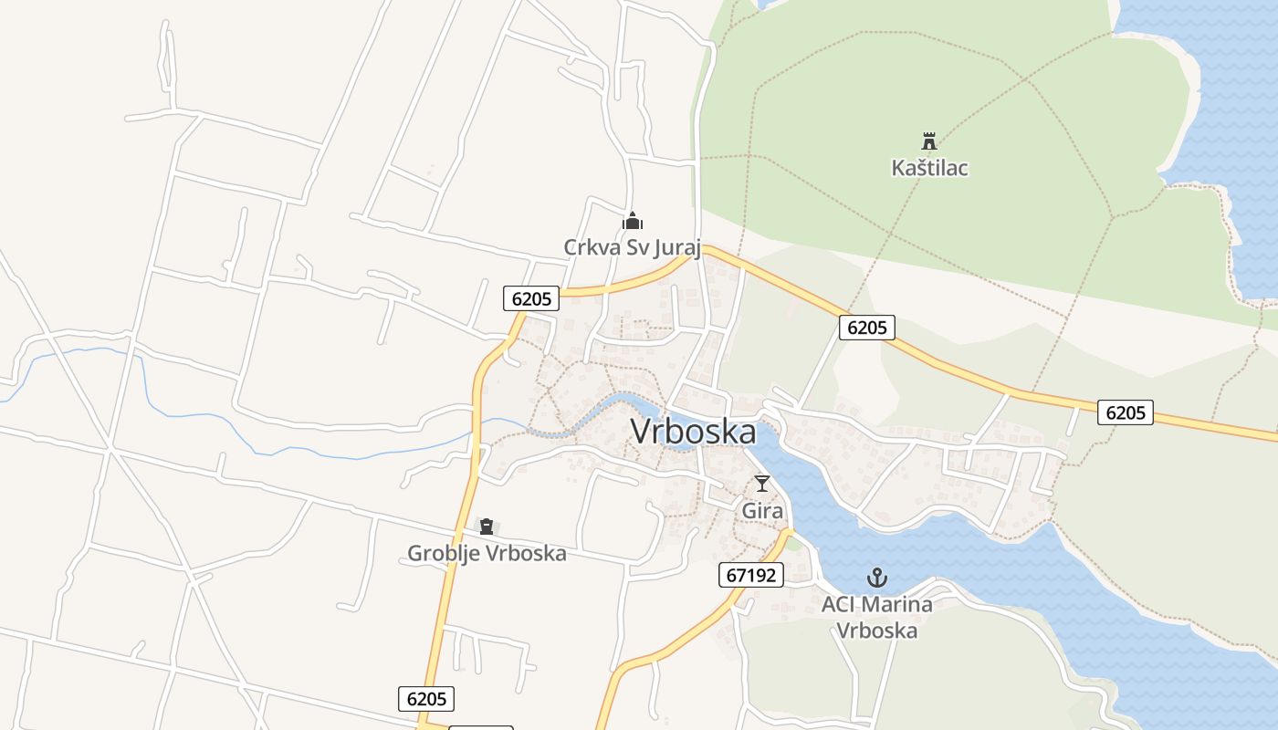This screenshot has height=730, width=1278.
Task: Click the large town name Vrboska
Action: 693,433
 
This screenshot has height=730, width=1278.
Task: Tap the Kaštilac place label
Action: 929,168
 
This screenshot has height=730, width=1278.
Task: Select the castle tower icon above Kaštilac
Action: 929,141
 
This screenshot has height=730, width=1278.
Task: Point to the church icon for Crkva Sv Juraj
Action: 632,221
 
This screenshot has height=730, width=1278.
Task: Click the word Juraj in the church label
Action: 674,247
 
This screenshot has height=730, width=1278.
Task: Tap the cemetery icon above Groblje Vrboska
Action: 487,527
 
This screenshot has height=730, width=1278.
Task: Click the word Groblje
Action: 444,553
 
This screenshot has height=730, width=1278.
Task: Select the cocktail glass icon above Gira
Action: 762,484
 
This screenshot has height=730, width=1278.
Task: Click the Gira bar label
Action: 762,511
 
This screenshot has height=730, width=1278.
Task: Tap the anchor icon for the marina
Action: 876,578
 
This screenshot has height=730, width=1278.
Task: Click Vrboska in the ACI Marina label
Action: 876,630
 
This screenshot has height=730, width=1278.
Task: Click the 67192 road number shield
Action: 750,575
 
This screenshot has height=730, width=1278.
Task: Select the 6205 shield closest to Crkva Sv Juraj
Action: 531,298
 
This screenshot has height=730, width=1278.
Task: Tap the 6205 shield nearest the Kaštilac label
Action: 866,327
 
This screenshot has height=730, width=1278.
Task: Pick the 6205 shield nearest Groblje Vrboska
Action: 426,699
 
